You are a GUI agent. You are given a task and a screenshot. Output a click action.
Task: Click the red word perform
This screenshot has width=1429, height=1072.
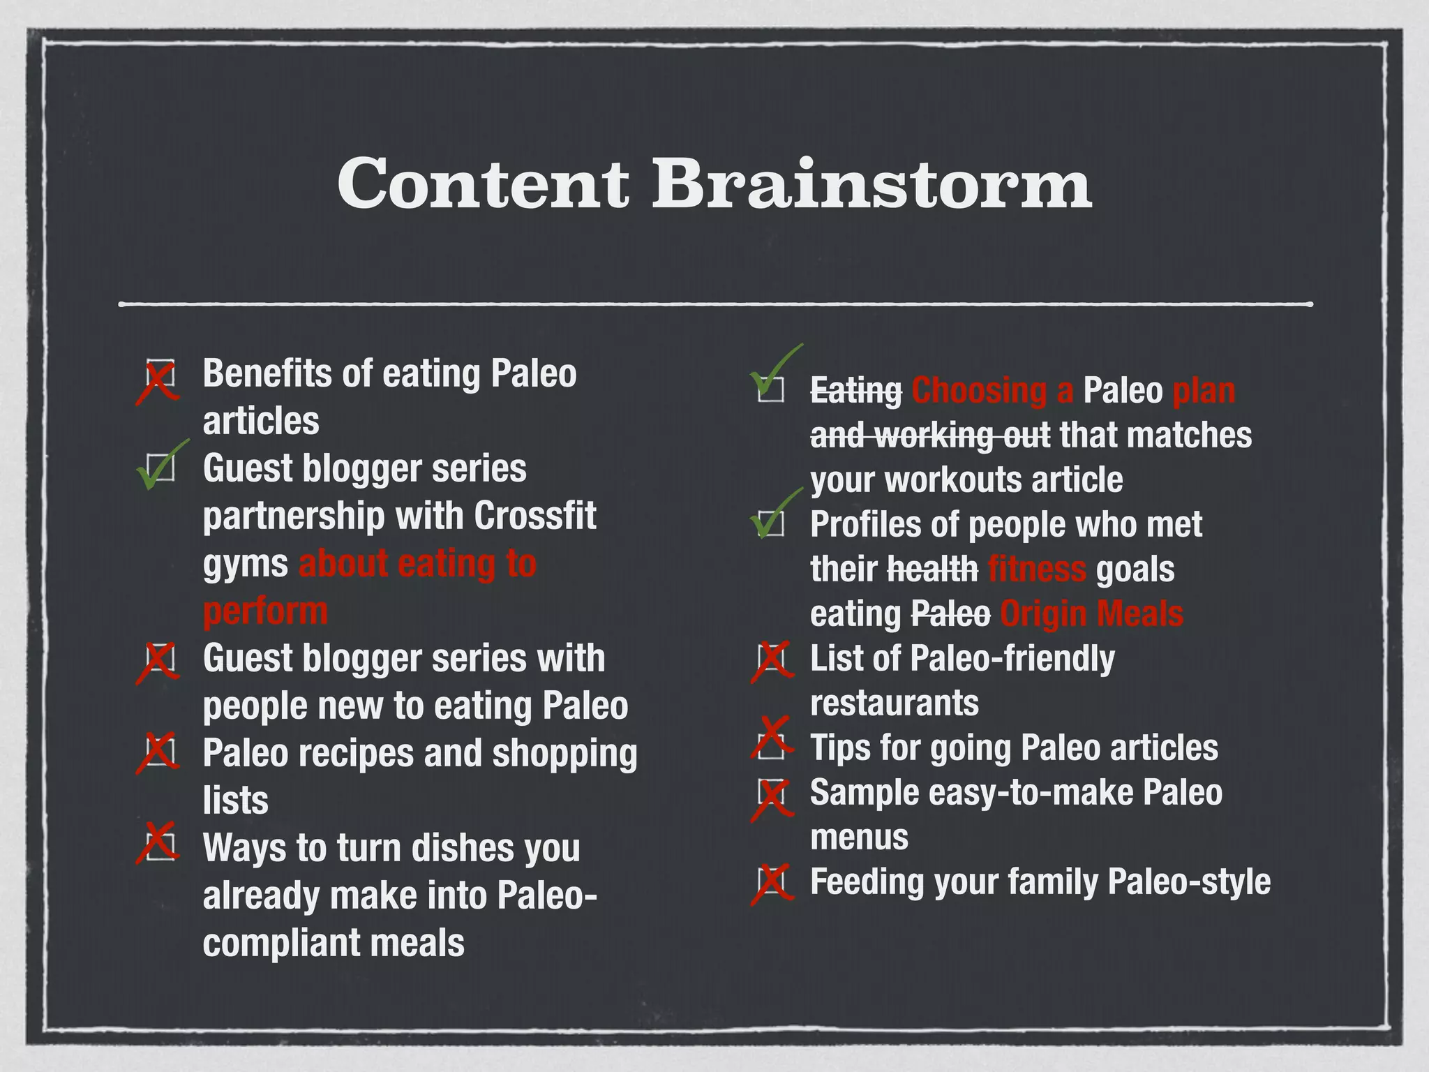265,611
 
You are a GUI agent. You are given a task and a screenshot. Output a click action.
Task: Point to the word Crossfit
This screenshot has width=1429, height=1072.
535,516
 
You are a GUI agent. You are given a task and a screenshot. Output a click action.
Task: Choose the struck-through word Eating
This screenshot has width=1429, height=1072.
855,391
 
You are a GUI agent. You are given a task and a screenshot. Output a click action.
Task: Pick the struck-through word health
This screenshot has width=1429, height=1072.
932,569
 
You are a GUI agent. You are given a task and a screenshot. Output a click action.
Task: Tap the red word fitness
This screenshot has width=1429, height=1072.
1037,569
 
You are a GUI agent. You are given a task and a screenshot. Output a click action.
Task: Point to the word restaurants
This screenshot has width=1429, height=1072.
895,703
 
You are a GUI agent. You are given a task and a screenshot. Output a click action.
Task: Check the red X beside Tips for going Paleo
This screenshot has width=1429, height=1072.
772,738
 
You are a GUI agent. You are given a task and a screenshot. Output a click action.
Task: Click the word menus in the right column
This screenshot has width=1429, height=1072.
860,837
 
